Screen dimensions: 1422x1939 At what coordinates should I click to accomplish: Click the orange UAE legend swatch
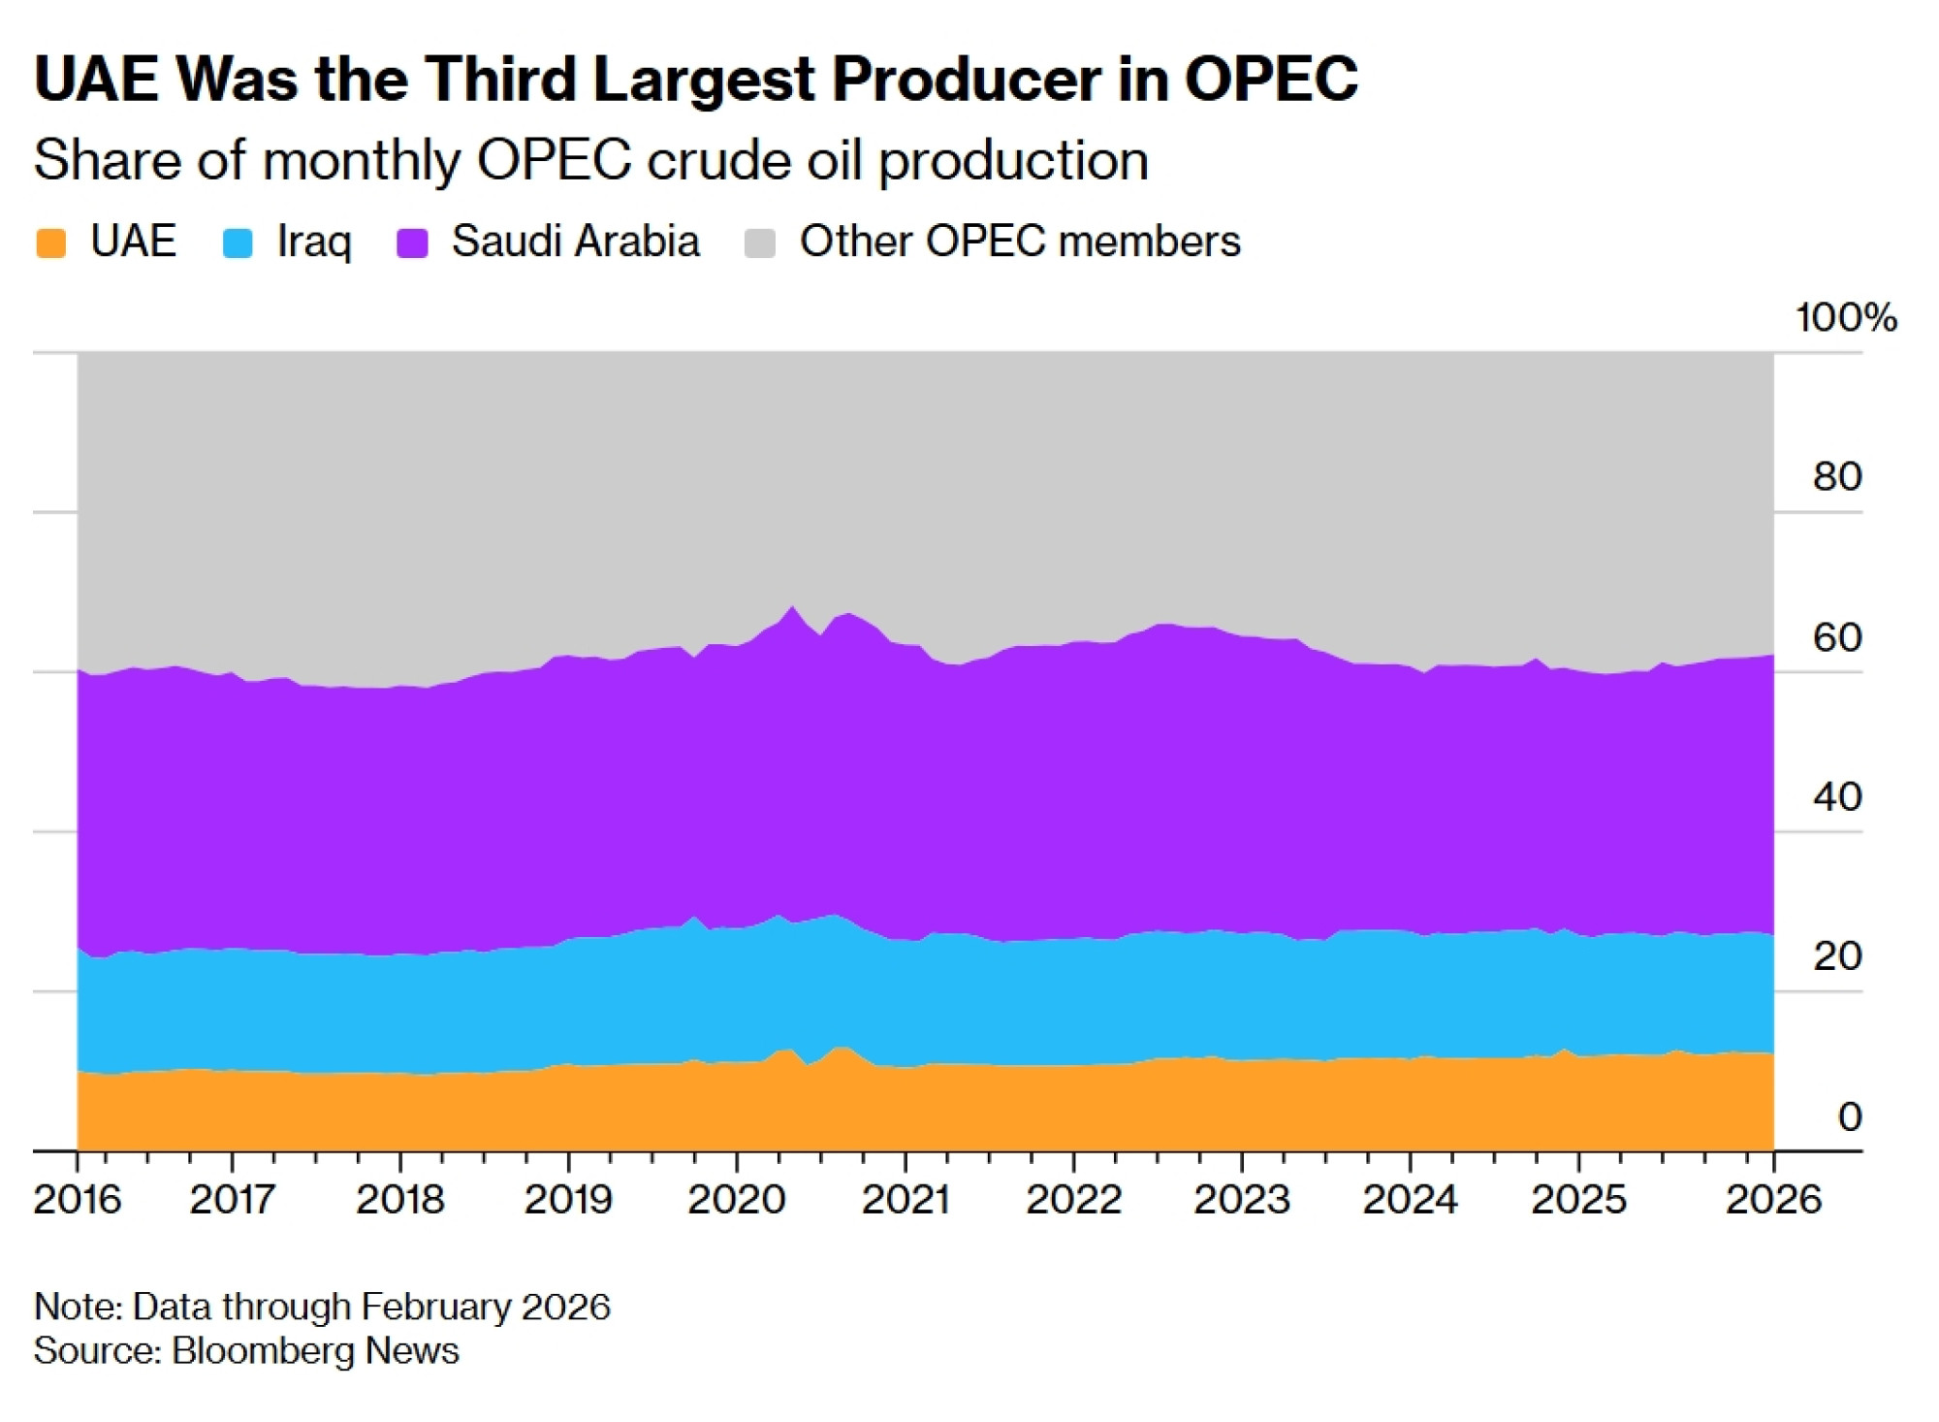(x=50, y=242)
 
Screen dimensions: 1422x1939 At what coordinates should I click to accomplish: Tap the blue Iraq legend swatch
(x=238, y=242)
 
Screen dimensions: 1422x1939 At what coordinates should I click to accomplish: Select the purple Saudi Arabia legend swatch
(x=413, y=242)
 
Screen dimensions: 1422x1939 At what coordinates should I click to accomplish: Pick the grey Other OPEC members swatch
(x=760, y=242)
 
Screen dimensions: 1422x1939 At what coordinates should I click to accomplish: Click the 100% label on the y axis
(x=1845, y=318)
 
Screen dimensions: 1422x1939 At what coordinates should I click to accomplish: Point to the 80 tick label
(x=1837, y=476)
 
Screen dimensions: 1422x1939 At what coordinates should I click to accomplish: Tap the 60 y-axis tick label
(x=1837, y=637)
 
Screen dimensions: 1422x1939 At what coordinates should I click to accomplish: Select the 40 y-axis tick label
(x=1837, y=796)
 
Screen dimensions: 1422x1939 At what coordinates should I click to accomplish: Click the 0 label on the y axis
(x=1849, y=1116)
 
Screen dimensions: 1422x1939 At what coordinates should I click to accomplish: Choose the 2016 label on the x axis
(x=78, y=1200)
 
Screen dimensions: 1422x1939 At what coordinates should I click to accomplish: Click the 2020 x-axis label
(x=737, y=1200)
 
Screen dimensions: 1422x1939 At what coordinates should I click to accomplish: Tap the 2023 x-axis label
(x=1242, y=1200)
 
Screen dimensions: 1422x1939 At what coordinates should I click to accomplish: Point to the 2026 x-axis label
(x=1773, y=1200)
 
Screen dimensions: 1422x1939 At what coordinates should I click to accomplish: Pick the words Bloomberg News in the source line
(x=315, y=1351)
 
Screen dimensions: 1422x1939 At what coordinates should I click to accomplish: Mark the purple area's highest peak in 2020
(x=793, y=608)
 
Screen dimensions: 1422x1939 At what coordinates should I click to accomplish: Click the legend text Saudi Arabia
(x=575, y=242)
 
